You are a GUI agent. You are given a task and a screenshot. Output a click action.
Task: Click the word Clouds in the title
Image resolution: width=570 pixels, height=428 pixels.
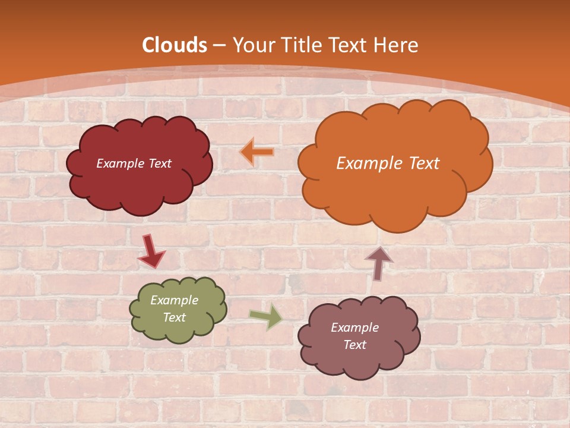click(x=175, y=45)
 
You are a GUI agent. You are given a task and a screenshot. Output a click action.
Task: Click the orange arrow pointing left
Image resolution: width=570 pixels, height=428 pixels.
click(x=257, y=152)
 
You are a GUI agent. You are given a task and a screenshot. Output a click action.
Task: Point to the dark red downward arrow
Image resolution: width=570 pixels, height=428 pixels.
click(x=151, y=250)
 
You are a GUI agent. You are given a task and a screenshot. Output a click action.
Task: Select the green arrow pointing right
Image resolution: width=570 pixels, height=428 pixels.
click(x=266, y=316)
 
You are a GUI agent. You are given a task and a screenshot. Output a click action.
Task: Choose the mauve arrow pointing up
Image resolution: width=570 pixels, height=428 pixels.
click(x=379, y=263)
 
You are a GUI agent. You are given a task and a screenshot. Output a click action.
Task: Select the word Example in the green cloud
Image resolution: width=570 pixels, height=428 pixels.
click(x=175, y=301)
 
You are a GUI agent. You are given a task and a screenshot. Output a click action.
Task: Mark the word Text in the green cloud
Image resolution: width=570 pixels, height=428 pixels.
click(x=175, y=317)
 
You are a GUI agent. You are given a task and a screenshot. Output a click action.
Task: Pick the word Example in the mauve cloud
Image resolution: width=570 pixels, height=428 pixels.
click(x=355, y=328)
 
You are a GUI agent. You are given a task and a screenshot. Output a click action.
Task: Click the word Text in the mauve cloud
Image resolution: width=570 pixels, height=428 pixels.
click(x=355, y=345)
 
